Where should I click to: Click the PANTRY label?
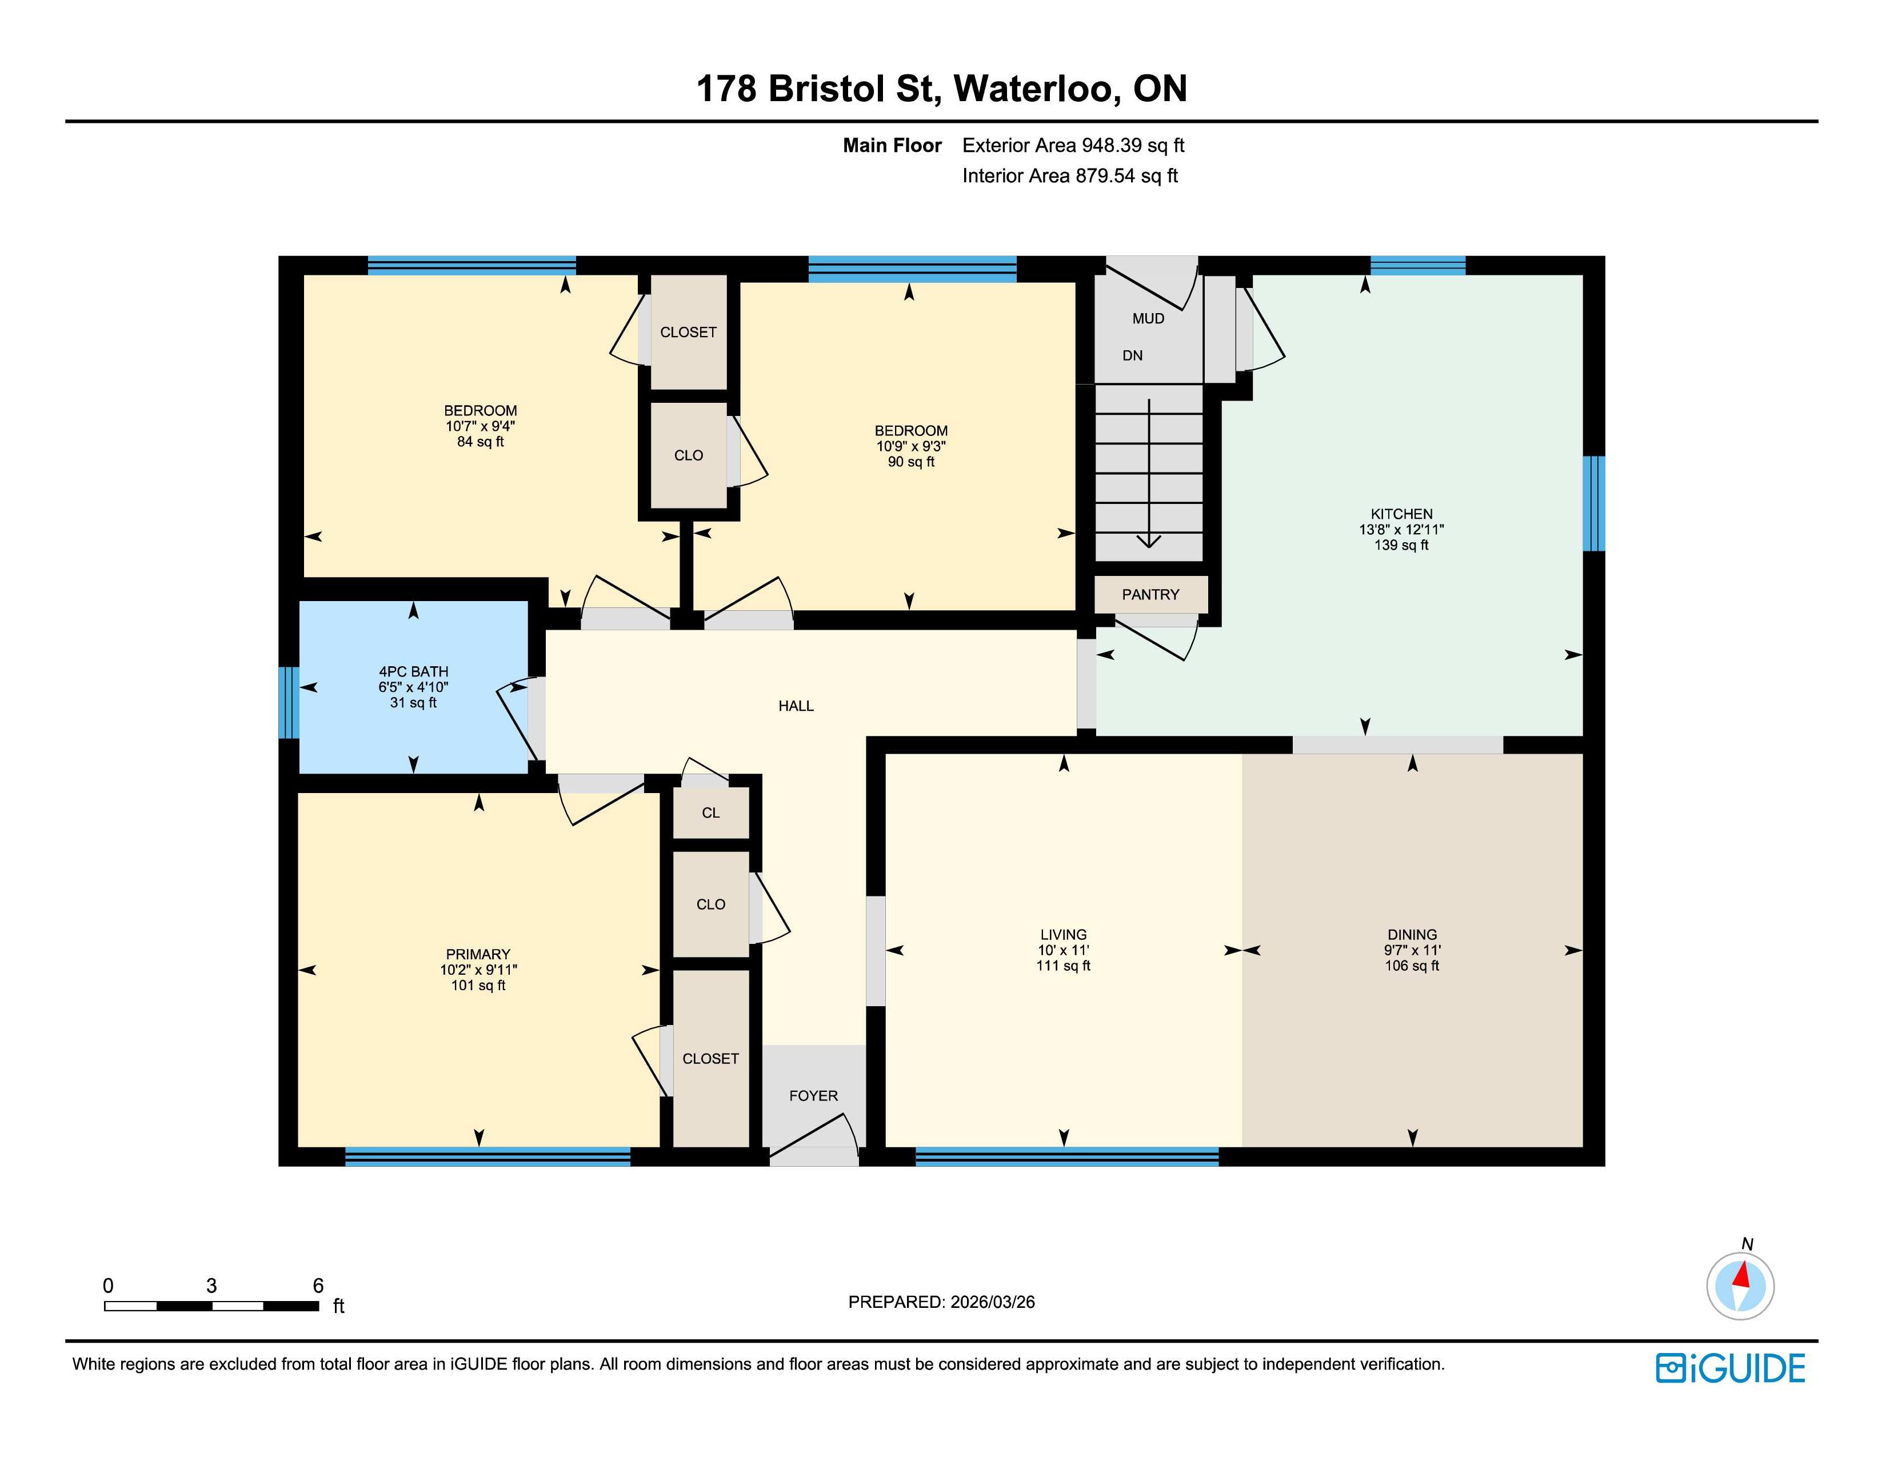(x=1150, y=595)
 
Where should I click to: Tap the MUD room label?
(x=1149, y=318)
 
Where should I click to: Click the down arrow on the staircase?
(x=1149, y=473)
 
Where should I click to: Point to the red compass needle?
(x=1742, y=1275)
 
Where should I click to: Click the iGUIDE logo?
(x=1731, y=1368)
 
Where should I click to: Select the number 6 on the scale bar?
(x=318, y=1285)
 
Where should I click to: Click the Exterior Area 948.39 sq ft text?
(x=1073, y=145)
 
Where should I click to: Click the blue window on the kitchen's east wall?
(x=1594, y=503)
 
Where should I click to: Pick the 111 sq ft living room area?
(x=1063, y=966)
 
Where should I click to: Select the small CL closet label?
(x=711, y=813)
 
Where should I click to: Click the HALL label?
(x=796, y=706)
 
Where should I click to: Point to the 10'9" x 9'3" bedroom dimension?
(x=911, y=446)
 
